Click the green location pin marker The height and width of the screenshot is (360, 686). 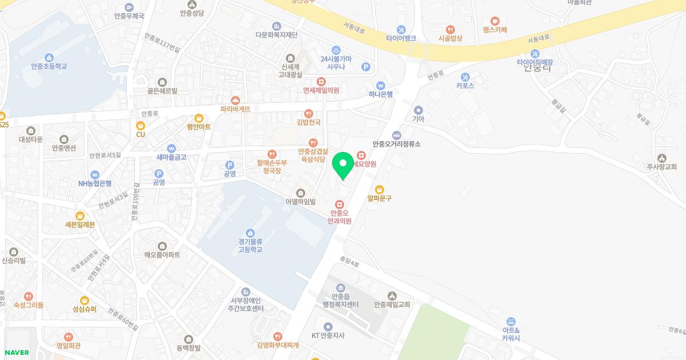pyautogui.click(x=343, y=166)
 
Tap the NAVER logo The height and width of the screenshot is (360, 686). pyautogui.click(x=17, y=352)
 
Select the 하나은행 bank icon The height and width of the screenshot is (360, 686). pyautogui.click(x=381, y=85)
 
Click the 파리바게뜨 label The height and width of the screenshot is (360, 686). pyautogui.click(x=236, y=109)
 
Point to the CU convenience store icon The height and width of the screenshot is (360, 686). pyautogui.click(x=141, y=125)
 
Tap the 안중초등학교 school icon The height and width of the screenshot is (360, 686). pyautogui.click(x=49, y=57)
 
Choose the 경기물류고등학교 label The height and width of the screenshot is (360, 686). pyautogui.click(x=250, y=246)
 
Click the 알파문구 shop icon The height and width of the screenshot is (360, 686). pyautogui.click(x=380, y=189)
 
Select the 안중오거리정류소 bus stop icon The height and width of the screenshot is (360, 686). pyautogui.click(x=396, y=135)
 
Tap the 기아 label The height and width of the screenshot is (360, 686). pyautogui.click(x=418, y=119)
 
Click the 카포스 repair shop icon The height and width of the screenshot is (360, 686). pyautogui.click(x=465, y=77)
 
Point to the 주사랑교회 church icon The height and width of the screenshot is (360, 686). pyautogui.click(x=661, y=158)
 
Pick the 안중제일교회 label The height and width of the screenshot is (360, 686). pyautogui.click(x=392, y=305)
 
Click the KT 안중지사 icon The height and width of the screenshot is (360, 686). pyautogui.click(x=328, y=326)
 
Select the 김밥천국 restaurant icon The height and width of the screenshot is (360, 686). pyautogui.click(x=309, y=113)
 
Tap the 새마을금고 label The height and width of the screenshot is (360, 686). pyautogui.click(x=171, y=157)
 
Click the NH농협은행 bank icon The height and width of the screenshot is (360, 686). pyautogui.click(x=95, y=174)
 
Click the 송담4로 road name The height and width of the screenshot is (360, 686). pyautogui.click(x=349, y=264)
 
